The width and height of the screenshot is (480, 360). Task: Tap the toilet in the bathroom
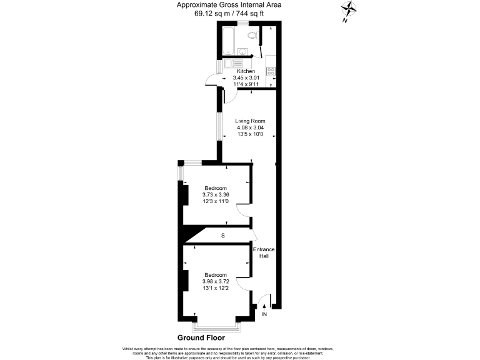(x=252, y=36)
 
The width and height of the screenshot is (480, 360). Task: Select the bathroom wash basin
(x=244, y=52)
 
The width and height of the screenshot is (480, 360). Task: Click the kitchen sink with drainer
(x=232, y=63)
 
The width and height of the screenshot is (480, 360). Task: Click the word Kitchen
(x=246, y=72)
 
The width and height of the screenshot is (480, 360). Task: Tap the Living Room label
(x=250, y=121)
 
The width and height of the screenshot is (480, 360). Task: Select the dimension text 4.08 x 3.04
(x=250, y=127)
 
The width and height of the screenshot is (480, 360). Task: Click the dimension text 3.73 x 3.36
(x=216, y=194)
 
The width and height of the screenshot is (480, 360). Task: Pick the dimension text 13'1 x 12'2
(x=216, y=288)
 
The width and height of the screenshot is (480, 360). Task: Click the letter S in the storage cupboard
(x=222, y=235)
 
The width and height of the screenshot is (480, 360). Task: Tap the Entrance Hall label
(x=263, y=252)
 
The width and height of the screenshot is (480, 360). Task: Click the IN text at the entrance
(x=264, y=314)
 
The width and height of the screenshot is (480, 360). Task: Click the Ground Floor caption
(x=201, y=337)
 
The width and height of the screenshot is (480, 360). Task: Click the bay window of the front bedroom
(x=216, y=326)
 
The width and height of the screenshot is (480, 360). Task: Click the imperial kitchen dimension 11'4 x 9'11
(x=246, y=84)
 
